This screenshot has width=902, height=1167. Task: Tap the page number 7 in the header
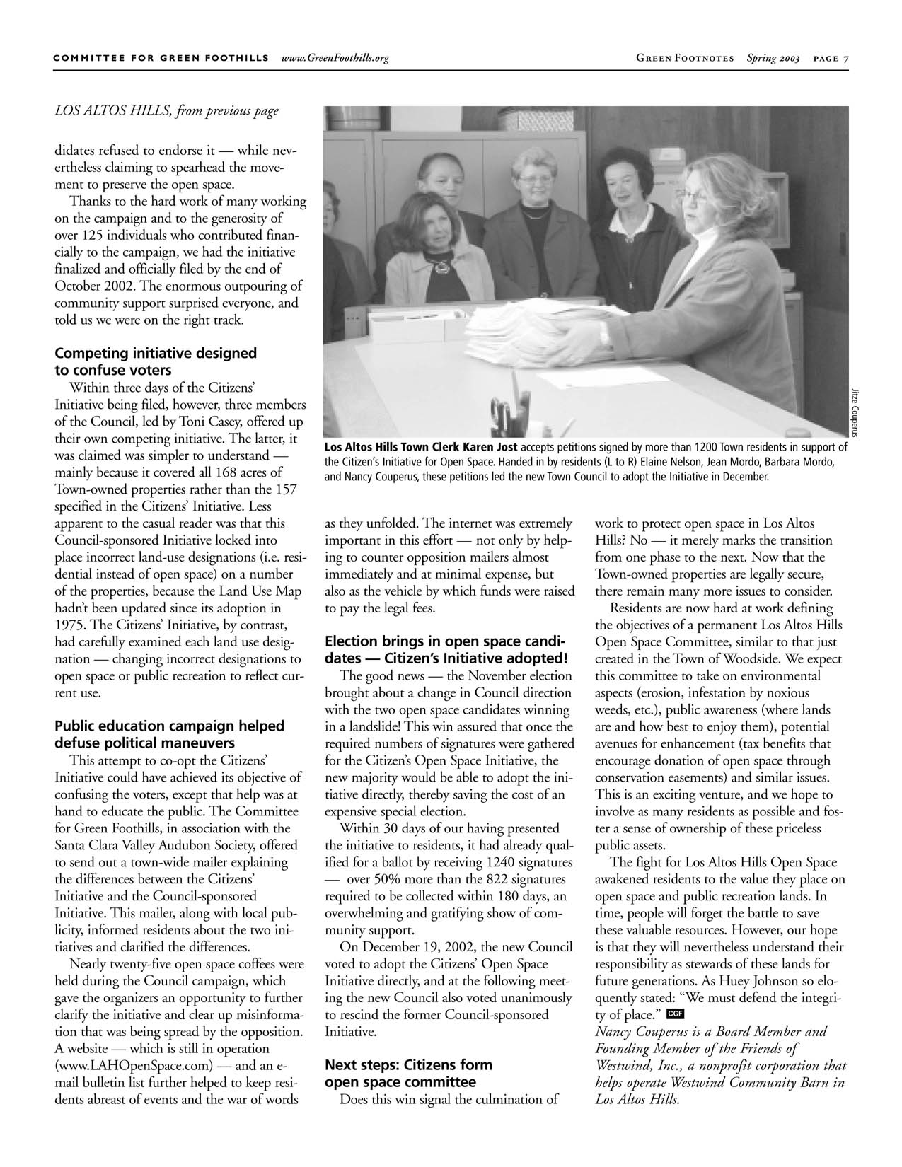(845, 58)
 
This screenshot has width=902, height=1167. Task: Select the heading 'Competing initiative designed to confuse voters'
(156, 361)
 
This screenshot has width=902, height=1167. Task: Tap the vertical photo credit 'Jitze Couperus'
(855, 413)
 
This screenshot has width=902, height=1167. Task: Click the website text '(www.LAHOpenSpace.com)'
(134, 1065)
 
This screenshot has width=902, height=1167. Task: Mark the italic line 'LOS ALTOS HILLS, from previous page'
(167, 110)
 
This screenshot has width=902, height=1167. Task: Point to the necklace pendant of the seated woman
(441, 267)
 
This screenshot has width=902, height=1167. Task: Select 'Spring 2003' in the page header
(773, 58)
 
